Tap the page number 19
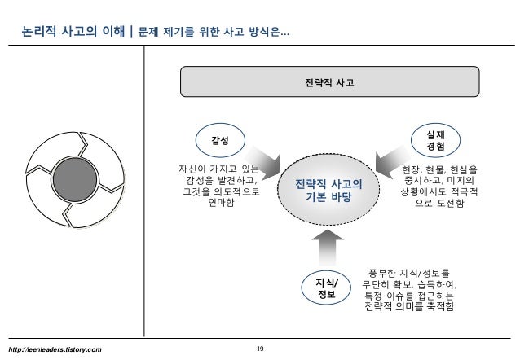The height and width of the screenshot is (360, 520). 260,349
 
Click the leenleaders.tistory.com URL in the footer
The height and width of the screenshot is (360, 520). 55,349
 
